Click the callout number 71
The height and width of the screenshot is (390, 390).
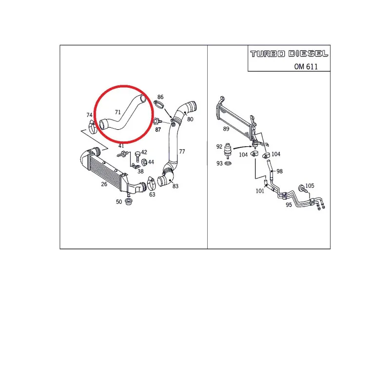coord(117,112)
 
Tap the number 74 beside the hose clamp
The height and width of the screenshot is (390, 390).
coord(89,115)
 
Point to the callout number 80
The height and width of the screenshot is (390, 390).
coord(190,119)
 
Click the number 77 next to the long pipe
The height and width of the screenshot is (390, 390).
coord(181,152)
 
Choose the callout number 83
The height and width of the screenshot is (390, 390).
coord(175,186)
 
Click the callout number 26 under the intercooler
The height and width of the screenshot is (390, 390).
coord(104,184)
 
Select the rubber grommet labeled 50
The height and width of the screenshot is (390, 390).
coord(130,202)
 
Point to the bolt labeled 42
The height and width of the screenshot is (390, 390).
coord(137,156)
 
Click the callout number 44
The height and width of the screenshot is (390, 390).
coord(151,162)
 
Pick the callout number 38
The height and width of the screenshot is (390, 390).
coord(140,172)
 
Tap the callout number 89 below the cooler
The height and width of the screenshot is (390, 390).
coord(226,129)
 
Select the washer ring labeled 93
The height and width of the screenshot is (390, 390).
coord(227,163)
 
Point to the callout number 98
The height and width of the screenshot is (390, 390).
coord(279,171)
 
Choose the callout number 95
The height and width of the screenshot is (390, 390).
coord(289,205)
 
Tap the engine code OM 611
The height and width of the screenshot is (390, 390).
coord(306,66)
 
